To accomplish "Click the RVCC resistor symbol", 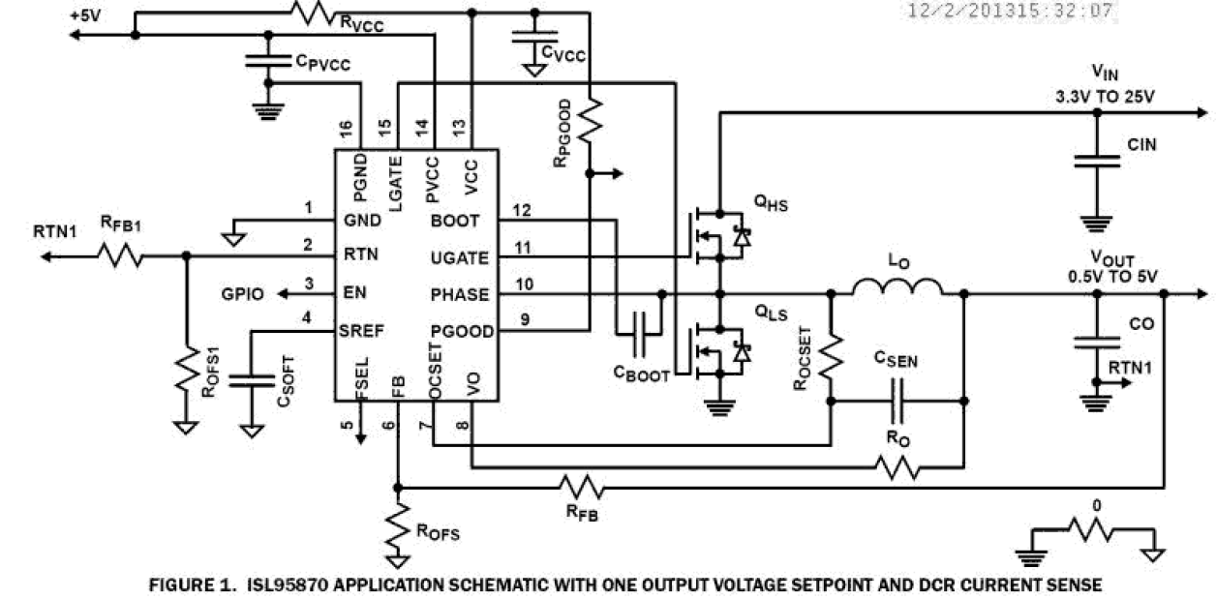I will (x=315, y=13).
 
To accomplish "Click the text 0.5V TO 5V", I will (x=1113, y=276).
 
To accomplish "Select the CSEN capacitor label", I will (x=895, y=361).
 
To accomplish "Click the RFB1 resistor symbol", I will (x=119, y=256).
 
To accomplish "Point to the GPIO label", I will (x=244, y=294).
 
